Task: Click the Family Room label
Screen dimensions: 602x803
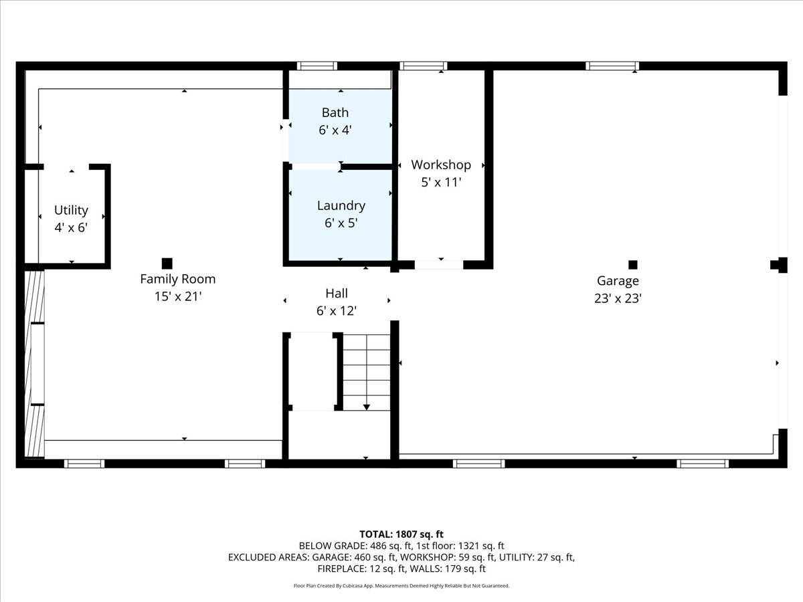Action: click(x=177, y=279)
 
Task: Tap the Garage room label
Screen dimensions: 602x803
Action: click(x=618, y=281)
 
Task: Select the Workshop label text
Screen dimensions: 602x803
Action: click(x=440, y=165)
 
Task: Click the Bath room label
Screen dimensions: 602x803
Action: click(x=335, y=112)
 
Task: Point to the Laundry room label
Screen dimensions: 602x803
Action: click(x=341, y=205)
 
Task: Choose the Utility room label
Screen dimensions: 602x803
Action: click(x=71, y=210)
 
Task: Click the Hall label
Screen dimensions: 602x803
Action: click(x=336, y=293)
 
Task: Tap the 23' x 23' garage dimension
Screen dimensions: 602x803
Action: click(x=618, y=299)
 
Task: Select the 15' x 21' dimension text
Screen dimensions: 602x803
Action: click(x=177, y=296)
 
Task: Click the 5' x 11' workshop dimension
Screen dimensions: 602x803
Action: click(x=440, y=182)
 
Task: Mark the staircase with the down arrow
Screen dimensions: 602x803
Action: click(x=367, y=373)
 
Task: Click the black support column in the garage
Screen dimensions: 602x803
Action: click(x=633, y=264)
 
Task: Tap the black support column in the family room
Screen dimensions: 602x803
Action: click(x=167, y=264)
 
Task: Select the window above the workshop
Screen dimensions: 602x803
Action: click(x=423, y=66)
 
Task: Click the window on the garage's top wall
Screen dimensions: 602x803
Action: click(x=612, y=66)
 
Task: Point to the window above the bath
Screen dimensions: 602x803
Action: click(x=317, y=66)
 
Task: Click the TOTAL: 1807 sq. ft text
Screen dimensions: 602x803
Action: click(x=401, y=534)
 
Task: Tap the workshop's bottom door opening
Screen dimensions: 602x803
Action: click(x=438, y=265)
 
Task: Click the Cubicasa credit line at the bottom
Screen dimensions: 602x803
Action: click(x=401, y=586)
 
